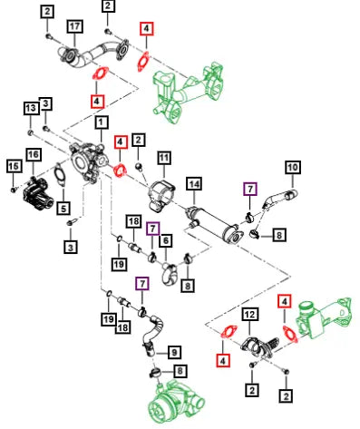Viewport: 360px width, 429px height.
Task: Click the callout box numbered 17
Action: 74,26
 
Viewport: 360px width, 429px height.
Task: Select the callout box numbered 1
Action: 102,122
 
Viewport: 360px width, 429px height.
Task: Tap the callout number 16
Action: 34,154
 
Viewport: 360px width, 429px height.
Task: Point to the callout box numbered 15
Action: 14,166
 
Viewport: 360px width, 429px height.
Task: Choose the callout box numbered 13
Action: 32,108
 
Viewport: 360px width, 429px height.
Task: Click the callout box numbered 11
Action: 164,158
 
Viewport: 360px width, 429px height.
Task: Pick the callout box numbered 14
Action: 194,184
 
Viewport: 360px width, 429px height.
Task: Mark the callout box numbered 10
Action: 293,167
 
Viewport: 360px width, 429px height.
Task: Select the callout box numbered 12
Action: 249,315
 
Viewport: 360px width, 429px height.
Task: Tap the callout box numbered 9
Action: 174,352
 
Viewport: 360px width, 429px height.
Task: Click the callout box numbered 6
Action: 166,240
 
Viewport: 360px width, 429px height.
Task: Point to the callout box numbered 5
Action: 63,209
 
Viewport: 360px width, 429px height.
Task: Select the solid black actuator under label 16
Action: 38,193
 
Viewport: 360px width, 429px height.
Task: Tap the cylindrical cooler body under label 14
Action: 211,222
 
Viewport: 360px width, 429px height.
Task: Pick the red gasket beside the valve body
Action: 120,170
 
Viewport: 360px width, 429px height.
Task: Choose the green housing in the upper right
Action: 188,93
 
